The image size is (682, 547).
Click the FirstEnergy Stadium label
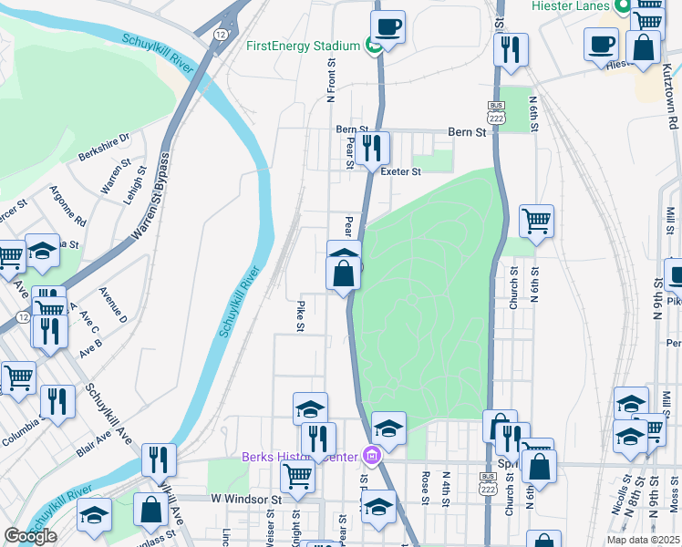pos(303,46)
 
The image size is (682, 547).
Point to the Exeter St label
pos(401,171)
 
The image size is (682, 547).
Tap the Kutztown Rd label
pos(670,97)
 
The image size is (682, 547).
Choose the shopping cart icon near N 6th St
pos(536,220)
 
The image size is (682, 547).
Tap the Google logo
pos(29,536)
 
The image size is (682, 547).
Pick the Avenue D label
pos(113,304)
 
